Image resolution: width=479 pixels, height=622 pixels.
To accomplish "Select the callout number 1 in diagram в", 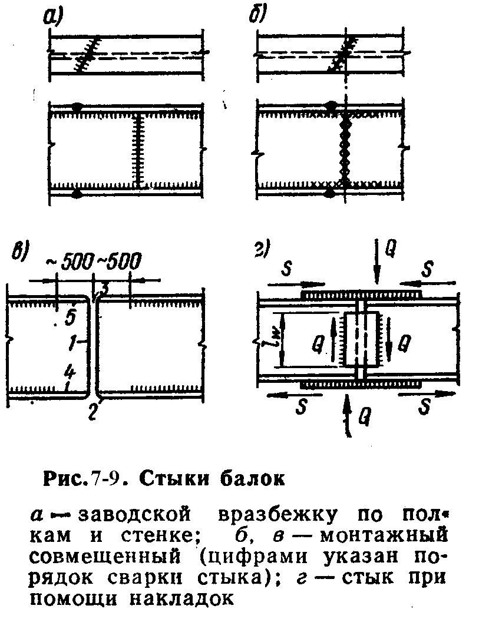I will tap(71, 342).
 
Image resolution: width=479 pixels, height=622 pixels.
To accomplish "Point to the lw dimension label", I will tap(273, 338).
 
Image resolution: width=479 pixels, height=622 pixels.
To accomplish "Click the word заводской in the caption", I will tap(136, 515).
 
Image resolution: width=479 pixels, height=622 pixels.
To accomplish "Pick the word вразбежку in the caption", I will tap(276, 515).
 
